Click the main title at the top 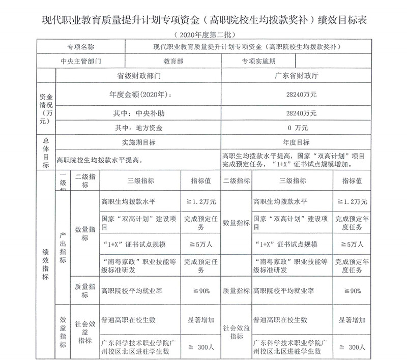[203, 21]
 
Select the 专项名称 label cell [81, 47]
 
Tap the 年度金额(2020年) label [138, 94]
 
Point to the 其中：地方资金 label [138, 128]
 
